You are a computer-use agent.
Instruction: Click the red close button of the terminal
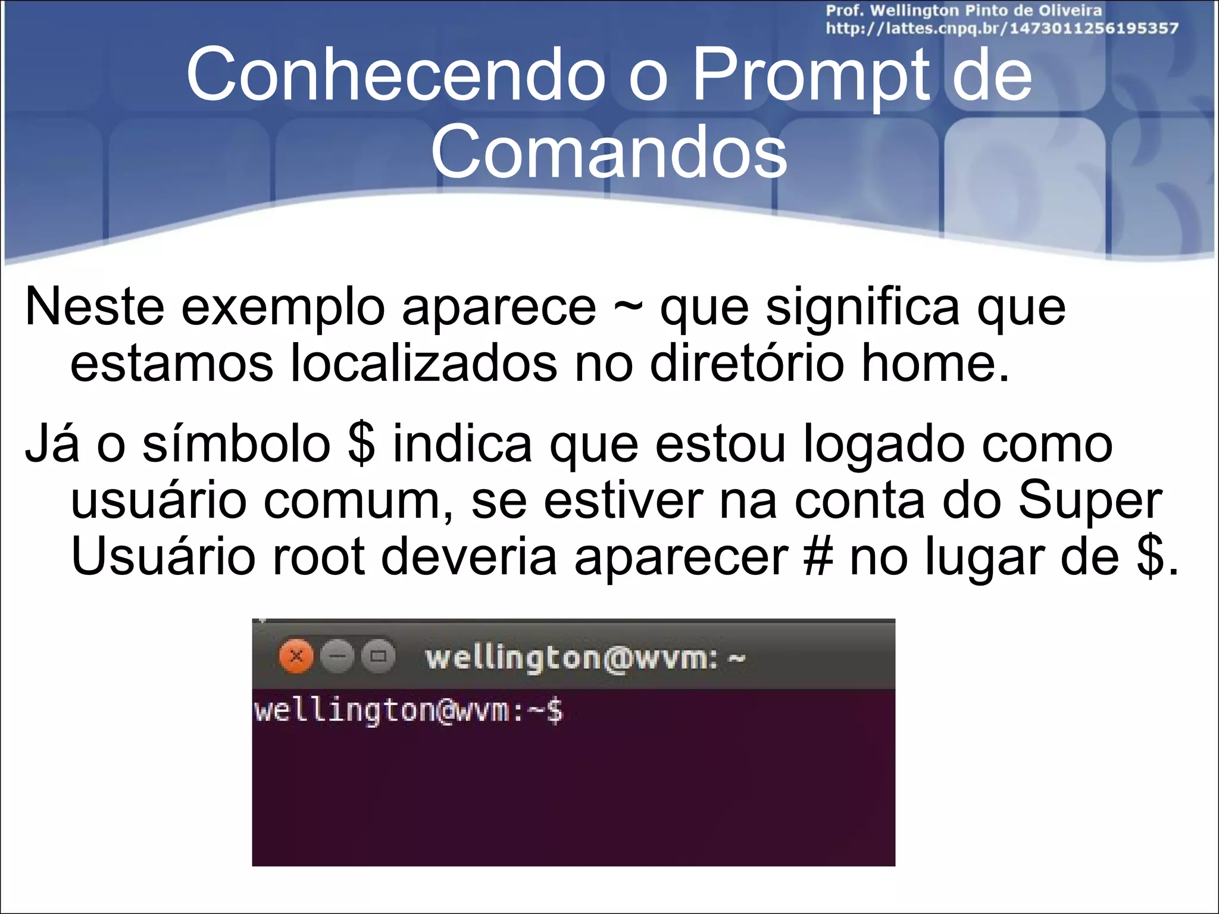point(296,657)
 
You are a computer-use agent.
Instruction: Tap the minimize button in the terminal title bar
point(337,657)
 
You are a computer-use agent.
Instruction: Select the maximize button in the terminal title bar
point(379,657)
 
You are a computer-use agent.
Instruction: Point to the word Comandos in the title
point(609,152)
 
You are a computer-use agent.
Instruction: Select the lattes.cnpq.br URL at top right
point(1002,29)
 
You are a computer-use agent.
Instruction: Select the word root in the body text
point(318,557)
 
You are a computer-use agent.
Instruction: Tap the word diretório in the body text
point(747,364)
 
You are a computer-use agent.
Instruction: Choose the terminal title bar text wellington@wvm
point(572,658)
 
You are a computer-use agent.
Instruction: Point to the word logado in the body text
point(884,445)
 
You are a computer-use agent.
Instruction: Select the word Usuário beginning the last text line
point(162,557)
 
